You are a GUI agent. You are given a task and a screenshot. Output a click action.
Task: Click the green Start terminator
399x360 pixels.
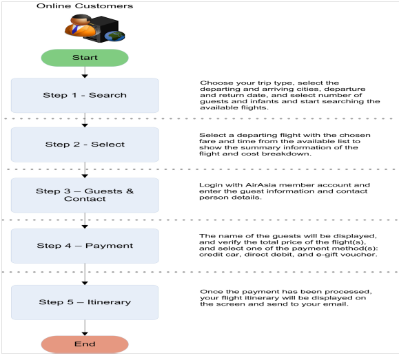click(x=85, y=58)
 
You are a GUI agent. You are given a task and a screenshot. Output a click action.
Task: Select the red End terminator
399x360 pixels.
click(x=85, y=344)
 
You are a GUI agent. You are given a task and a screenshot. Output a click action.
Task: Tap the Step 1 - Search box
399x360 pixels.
click(x=85, y=96)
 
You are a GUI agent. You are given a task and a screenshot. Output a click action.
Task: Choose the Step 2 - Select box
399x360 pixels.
click(x=85, y=145)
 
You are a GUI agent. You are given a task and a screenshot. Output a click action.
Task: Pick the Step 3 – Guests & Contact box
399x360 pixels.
click(x=85, y=195)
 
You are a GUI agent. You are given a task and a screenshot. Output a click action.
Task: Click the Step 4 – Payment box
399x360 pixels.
click(x=85, y=246)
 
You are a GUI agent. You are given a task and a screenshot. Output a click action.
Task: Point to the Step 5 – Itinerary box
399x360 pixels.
click(x=85, y=302)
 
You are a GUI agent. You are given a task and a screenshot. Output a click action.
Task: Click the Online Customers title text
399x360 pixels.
click(x=85, y=6)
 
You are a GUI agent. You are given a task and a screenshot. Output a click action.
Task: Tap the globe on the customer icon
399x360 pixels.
click(x=114, y=36)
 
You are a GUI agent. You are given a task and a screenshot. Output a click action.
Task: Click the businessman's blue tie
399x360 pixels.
click(x=75, y=29)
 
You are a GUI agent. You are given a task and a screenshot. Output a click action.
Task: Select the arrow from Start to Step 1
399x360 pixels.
click(x=85, y=72)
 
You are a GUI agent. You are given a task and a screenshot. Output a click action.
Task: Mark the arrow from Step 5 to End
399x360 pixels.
click(x=85, y=328)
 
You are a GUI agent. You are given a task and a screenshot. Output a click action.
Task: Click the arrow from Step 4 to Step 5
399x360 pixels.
click(x=85, y=274)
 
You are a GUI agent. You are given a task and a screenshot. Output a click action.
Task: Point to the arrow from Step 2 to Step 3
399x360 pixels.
click(x=85, y=170)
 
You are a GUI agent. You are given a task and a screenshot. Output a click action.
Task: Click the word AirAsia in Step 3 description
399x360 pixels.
click(x=261, y=185)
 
